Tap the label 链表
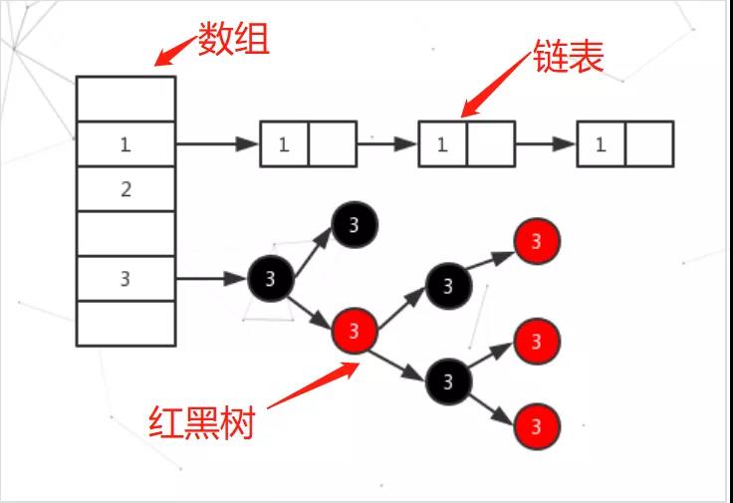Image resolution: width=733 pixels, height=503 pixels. pos(570,57)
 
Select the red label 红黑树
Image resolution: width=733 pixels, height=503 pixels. pos(201,421)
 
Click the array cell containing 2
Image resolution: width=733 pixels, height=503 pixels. pos(125,189)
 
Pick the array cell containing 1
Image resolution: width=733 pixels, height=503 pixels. pos(125,144)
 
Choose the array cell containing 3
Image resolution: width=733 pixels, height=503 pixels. pos(125,279)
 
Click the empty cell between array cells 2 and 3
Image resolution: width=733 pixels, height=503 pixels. pos(125,234)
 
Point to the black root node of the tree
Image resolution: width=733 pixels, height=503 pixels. pos(271,278)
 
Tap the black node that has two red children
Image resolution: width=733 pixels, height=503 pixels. pos(448,379)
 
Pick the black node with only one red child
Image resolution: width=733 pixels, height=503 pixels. pos(448,286)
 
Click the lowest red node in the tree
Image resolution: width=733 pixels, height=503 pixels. pos(537,427)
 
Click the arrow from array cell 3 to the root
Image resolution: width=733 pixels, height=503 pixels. pos(211,278)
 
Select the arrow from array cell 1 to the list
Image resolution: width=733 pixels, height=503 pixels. pos(217,144)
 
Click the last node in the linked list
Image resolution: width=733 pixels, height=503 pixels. pos(624,144)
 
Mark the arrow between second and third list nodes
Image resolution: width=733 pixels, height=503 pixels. pos(546,144)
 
